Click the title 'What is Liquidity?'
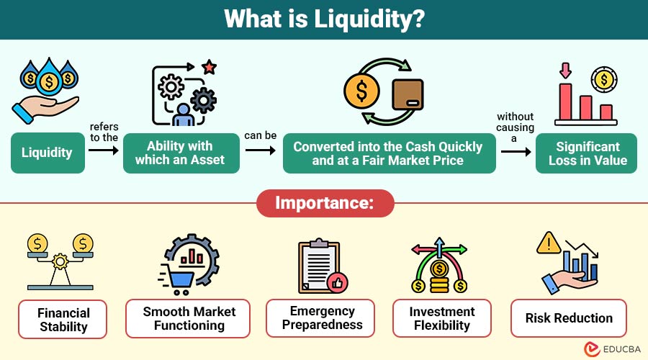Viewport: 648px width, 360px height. (x=323, y=19)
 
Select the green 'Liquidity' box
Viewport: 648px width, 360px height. (x=47, y=153)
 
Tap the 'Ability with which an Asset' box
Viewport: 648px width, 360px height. (x=179, y=153)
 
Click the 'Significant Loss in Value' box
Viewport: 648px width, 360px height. (x=588, y=153)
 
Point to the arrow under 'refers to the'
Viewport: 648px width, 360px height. (x=104, y=150)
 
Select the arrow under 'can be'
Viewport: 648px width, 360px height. (x=261, y=150)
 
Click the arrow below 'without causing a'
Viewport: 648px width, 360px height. (x=516, y=152)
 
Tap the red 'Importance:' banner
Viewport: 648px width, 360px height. (x=325, y=203)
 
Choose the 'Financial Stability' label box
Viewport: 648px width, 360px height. (x=64, y=319)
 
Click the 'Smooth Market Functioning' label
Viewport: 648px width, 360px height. (x=189, y=318)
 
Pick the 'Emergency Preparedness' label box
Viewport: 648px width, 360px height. (x=322, y=318)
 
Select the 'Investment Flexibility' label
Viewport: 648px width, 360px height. (x=442, y=318)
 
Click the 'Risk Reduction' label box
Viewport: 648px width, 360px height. (x=569, y=318)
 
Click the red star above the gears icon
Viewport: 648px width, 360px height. (x=210, y=68)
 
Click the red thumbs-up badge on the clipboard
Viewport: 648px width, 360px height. (x=335, y=282)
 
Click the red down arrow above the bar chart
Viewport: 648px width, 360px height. (x=564, y=71)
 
